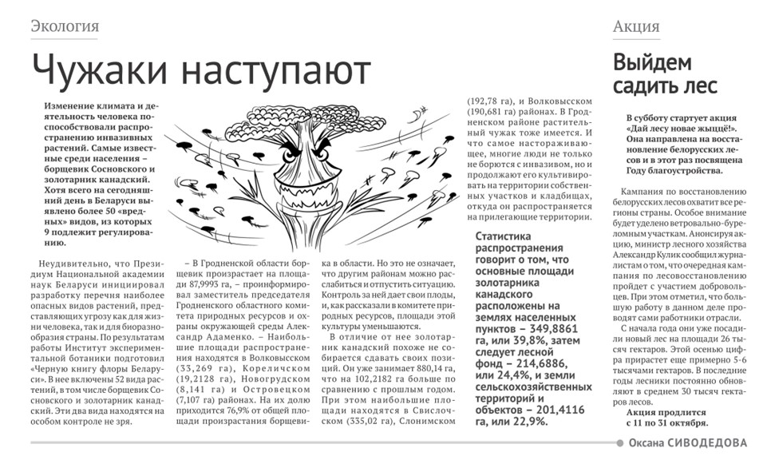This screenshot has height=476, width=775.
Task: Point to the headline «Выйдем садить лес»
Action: [x=665, y=74]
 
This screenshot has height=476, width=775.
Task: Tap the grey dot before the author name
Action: [x=620, y=443]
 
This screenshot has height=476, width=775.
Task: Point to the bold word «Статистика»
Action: [x=508, y=236]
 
